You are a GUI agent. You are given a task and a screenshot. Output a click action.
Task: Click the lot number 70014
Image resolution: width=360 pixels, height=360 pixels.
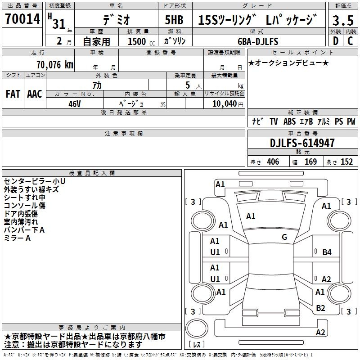[x=22, y=19]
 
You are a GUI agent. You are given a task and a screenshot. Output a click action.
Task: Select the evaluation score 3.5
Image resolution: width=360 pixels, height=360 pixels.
[x=343, y=20]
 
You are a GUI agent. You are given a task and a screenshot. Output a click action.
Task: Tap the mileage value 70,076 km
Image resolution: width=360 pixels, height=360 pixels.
[x=55, y=65]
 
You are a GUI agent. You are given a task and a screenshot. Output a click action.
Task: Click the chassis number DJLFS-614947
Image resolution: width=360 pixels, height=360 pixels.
[x=302, y=143]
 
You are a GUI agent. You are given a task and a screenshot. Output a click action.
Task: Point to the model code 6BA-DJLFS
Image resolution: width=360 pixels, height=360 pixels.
[x=258, y=41]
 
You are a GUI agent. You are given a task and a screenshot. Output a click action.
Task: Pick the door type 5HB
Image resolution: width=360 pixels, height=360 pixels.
[x=174, y=20]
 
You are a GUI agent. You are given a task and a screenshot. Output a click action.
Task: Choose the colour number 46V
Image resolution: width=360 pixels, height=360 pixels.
[x=75, y=104]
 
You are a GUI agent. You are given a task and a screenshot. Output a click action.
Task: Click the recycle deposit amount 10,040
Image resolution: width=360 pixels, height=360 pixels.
[x=225, y=104]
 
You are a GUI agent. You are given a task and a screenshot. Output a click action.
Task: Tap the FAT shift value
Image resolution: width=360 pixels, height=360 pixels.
[x=13, y=94]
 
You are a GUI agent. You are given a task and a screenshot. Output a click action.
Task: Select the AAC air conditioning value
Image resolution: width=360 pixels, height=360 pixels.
[x=35, y=94]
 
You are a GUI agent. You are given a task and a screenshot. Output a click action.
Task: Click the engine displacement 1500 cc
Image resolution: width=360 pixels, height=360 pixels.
[x=141, y=41]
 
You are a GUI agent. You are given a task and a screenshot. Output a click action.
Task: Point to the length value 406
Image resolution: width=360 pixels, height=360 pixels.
[x=273, y=162]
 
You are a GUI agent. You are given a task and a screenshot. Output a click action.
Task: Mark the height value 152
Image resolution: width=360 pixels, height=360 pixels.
[x=346, y=162]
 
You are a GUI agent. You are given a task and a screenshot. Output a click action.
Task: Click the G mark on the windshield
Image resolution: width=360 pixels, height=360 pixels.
[x=284, y=237]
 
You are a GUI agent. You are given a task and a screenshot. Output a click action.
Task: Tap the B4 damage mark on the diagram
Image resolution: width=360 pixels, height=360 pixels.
[x=327, y=252]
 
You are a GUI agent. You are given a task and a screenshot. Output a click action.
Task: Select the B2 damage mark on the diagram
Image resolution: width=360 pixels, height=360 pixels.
[x=320, y=308]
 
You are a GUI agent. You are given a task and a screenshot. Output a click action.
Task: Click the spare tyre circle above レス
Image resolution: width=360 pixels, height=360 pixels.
[x=197, y=328]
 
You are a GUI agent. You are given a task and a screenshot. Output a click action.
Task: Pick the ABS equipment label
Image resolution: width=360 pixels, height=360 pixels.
[x=289, y=121]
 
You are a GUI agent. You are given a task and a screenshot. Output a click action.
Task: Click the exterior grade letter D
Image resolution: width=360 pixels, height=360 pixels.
[x=336, y=41]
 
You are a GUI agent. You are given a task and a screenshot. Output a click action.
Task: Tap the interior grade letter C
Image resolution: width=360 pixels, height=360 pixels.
[x=350, y=41]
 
